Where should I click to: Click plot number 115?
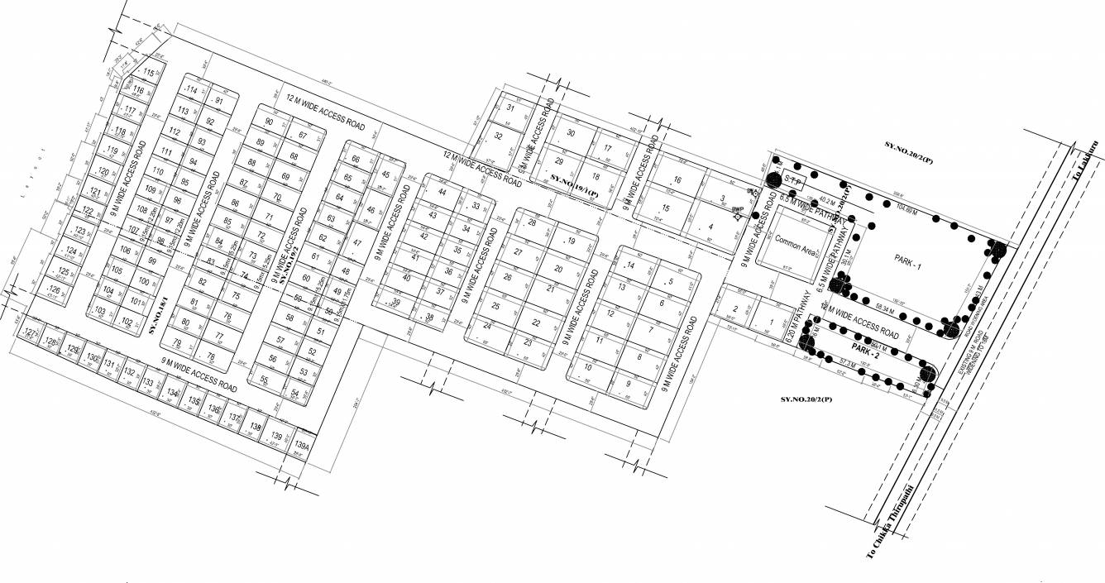click(149, 74)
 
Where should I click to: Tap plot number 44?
click(442, 193)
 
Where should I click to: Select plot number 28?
click(532, 223)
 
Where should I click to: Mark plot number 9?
click(628, 383)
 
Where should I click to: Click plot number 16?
click(677, 180)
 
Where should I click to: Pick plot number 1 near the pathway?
click(771, 323)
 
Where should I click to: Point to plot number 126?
click(55, 289)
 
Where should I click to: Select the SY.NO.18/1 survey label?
click(159, 314)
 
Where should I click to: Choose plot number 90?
click(269, 122)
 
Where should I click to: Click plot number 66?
click(356, 160)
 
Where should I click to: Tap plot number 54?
click(295, 393)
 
